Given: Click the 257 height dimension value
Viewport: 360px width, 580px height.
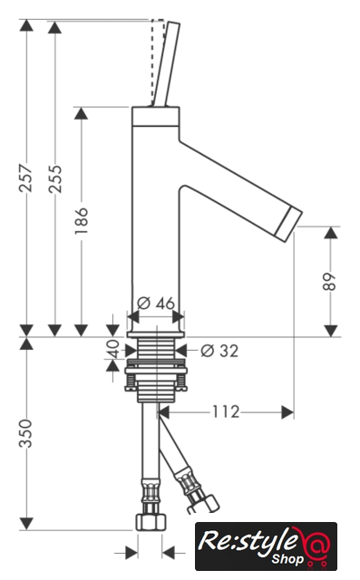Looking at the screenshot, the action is [26, 178].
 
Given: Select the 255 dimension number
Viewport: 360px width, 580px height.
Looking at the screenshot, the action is [55, 179].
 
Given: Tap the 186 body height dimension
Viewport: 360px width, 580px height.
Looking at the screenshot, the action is [82, 221].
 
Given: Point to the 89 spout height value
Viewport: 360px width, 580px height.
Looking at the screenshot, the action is [329, 282].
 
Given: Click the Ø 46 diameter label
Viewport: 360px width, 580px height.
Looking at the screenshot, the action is [156, 304].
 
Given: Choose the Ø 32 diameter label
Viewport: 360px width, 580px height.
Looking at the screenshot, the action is [219, 351].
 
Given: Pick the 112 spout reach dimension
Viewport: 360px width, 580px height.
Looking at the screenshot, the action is [226, 411].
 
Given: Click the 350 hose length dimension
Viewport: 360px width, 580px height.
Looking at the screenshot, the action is [26, 433].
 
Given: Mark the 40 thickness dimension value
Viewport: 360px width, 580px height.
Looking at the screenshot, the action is [112, 349].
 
